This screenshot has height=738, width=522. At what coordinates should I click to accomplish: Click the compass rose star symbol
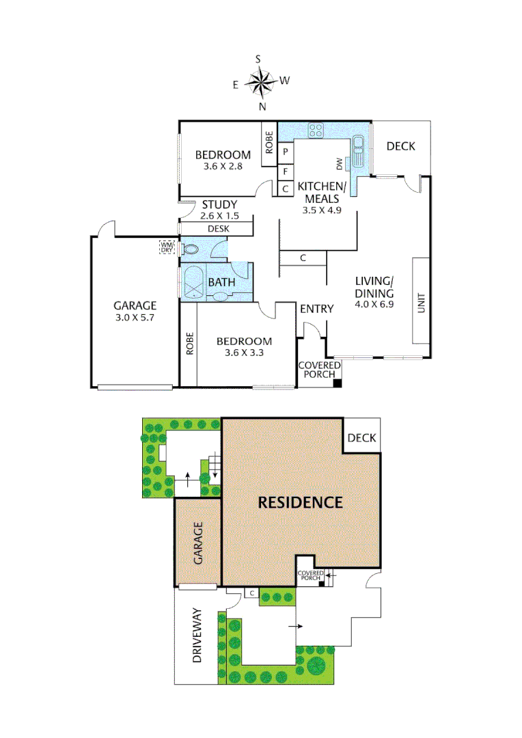(x=260, y=83)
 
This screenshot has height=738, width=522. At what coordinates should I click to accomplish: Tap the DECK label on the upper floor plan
(x=400, y=146)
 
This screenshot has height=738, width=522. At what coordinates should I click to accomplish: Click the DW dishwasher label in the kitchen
(x=338, y=163)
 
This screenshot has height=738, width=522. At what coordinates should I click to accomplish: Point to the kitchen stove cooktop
(x=315, y=129)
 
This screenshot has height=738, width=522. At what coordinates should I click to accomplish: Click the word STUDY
(x=219, y=204)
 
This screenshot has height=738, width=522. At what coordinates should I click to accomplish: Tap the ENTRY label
(x=317, y=309)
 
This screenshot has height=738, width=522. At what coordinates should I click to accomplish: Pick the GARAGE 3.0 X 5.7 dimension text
(x=135, y=317)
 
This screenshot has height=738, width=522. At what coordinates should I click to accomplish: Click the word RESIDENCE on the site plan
(x=300, y=502)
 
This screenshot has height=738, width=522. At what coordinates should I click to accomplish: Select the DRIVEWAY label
(x=198, y=636)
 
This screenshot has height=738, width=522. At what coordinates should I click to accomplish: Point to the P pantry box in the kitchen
(x=284, y=151)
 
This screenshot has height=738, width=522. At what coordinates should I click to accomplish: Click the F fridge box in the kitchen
(x=284, y=170)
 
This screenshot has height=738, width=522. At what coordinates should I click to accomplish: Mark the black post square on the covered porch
(x=336, y=383)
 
